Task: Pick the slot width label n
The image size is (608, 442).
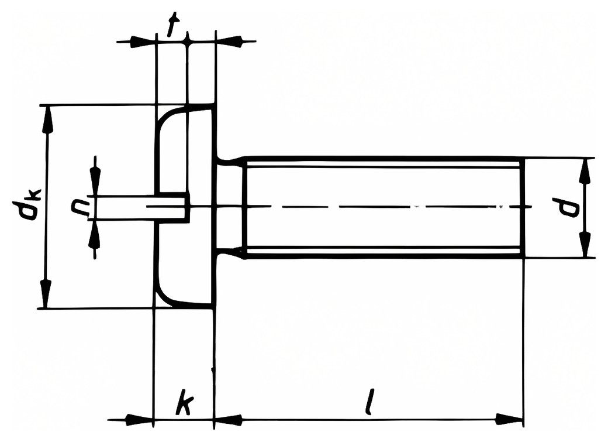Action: point(80,207)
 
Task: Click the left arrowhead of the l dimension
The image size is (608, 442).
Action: point(228,420)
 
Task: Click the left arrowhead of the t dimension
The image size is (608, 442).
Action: point(142,41)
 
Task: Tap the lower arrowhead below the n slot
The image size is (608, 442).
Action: point(94,235)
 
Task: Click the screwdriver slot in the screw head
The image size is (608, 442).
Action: point(172,207)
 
